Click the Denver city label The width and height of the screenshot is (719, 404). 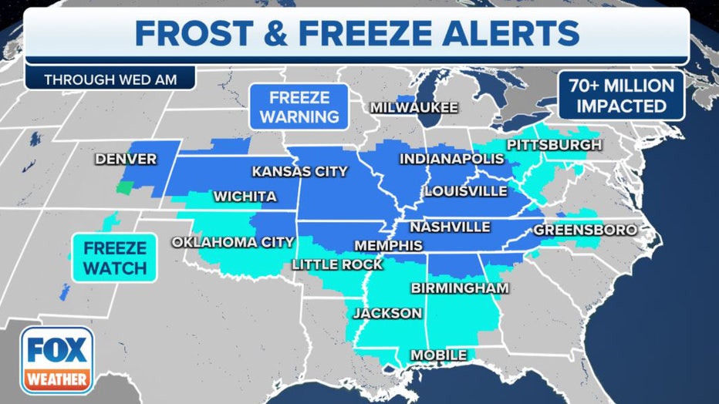point(126,160)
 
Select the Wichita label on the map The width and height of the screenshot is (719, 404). point(245,197)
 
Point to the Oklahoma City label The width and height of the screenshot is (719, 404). point(232,242)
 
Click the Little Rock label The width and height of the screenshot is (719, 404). point(336,264)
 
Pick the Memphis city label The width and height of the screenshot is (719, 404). point(388,246)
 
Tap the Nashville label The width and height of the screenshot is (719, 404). point(450,227)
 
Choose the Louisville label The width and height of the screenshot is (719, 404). point(465,190)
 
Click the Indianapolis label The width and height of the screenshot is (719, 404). point(451,159)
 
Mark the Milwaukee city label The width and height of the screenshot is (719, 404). point(414,107)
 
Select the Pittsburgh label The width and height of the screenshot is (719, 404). point(554,145)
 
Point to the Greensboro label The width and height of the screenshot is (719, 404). point(586,230)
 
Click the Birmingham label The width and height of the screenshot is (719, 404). point(460,288)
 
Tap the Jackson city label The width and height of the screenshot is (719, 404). point(387,313)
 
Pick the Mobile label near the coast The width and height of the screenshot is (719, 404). point(438,355)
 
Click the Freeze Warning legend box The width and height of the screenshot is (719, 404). point(299,108)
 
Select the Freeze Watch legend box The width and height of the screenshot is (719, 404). point(114,258)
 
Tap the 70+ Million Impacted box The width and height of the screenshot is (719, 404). point(622,96)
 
